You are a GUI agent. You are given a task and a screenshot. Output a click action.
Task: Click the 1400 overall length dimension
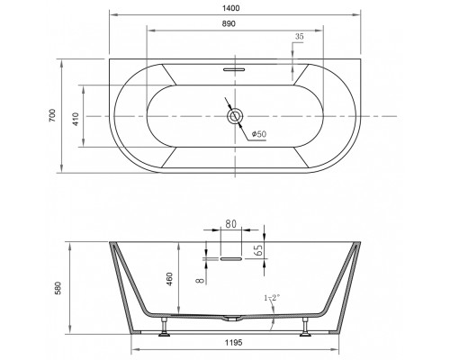(x=231, y=8)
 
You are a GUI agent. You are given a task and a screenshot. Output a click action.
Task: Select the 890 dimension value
(x=229, y=23)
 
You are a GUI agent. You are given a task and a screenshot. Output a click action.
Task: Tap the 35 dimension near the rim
(x=299, y=37)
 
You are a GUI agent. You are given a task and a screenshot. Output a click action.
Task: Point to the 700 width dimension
(x=52, y=115)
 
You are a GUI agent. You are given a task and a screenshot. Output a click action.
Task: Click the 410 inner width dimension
(x=75, y=119)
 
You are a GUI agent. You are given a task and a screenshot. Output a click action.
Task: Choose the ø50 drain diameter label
(x=259, y=134)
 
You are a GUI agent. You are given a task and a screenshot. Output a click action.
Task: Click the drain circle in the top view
(x=235, y=116)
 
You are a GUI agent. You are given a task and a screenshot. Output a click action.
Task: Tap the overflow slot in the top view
(x=234, y=69)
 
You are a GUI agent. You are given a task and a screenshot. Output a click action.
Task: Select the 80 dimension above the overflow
(x=230, y=224)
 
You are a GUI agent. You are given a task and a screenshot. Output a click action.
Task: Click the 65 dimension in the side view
(x=259, y=249)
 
